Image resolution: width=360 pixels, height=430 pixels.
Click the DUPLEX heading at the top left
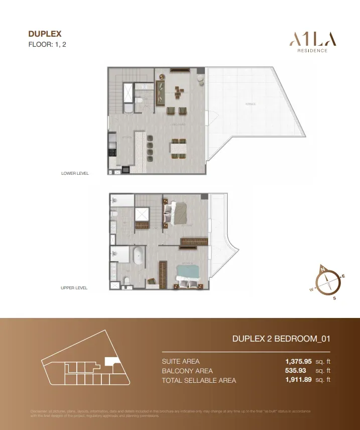(45, 34)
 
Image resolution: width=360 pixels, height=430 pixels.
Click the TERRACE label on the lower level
(251, 104)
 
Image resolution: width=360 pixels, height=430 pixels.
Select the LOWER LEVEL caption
(75, 173)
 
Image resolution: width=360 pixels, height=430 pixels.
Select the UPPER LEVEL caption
(74, 288)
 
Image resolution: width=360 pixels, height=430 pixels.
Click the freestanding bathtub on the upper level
(138, 257)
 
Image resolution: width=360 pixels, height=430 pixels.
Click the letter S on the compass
(334, 298)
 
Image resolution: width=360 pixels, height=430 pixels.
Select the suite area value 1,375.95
(298, 361)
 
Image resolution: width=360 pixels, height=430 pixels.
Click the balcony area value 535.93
(296, 371)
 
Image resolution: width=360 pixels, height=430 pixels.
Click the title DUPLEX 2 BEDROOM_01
(281, 339)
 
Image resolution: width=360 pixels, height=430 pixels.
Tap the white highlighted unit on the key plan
(110, 360)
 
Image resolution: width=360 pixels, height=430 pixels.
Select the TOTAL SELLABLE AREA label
(199, 380)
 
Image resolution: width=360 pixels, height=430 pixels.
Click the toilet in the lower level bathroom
(127, 107)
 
